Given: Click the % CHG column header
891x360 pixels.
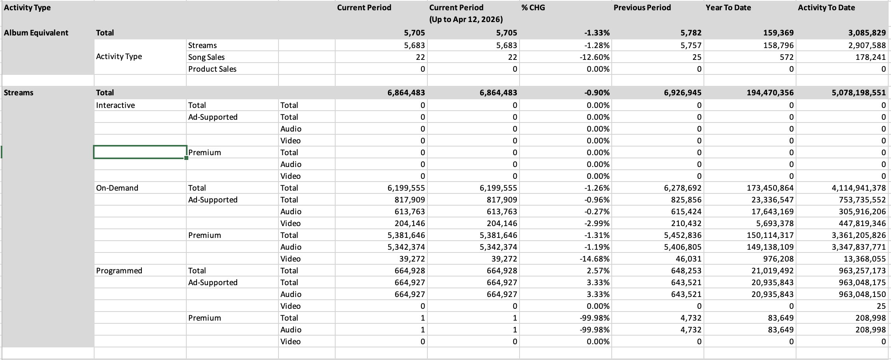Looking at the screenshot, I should point(533,7).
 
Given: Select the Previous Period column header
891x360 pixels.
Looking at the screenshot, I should point(642,7).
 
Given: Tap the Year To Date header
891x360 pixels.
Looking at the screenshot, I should point(728,7).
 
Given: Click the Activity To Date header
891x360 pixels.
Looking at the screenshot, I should point(826,7).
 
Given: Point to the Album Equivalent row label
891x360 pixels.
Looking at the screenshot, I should point(36,33).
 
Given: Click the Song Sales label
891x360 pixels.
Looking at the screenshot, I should point(206,57).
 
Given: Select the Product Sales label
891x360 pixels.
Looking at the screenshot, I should point(212,69).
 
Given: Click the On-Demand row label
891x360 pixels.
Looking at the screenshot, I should point(117,188).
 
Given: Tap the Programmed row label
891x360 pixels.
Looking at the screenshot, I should point(119,271).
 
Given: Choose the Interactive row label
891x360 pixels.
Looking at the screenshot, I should point(115,105).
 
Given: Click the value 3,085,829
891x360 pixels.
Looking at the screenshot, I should point(867,33).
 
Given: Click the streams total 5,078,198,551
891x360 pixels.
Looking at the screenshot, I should point(859,93).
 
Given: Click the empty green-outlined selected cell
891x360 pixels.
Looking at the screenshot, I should point(140,152).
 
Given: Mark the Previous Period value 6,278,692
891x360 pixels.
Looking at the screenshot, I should point(682,188).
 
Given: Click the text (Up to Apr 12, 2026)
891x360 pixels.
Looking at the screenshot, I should point(466,19).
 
